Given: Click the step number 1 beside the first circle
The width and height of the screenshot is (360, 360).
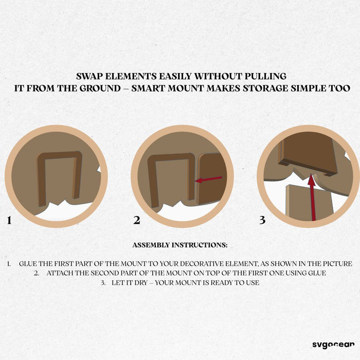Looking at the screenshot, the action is [9, 221].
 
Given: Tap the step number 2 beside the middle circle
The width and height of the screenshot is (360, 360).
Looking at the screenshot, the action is [137, 221].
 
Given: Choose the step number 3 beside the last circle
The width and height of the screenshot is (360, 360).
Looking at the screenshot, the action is [262, 220].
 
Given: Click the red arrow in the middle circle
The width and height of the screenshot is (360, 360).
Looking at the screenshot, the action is [208, 179].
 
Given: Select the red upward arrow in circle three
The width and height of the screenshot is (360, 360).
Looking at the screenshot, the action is [312, 197].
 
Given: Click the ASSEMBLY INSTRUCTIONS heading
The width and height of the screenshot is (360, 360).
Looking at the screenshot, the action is [180, 245].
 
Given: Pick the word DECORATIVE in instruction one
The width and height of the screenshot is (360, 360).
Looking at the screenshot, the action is [200, 264].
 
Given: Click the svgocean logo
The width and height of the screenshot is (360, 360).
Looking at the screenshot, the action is [333, 345].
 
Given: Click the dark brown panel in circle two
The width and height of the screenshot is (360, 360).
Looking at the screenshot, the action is [212, 178].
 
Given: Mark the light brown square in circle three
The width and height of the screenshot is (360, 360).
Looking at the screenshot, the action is [309, 202].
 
